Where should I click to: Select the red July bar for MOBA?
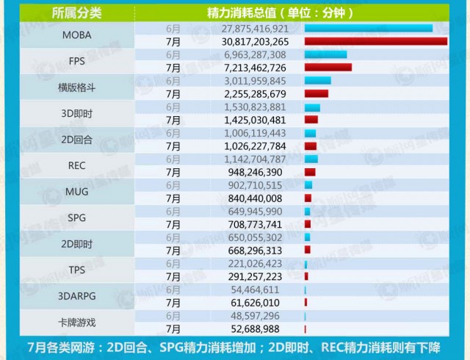[375, 41]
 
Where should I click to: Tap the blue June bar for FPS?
[325, 54]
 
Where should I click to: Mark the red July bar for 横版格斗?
[316, 93]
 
